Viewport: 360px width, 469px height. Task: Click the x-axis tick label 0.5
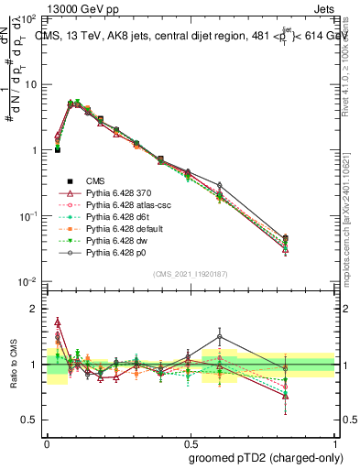(190, 441)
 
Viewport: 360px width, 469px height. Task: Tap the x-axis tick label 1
(332, 441)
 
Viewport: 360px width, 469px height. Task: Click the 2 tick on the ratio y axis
(38, 310)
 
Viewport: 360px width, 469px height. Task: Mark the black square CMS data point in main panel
(58, 149)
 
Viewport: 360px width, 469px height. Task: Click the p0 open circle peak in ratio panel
(219, 336)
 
